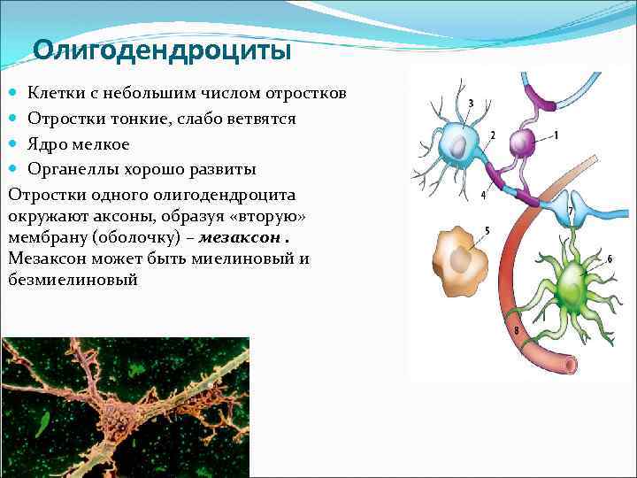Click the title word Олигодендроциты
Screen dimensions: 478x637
click(162, 51)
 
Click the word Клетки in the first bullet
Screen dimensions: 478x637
click(52, 93)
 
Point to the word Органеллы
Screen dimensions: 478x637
click(69, 169)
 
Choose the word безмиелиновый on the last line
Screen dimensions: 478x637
click(72, 280)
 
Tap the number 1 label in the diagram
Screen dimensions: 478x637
click(556, 135)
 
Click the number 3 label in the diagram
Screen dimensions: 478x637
click(470, 104)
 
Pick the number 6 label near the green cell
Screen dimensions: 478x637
click(610, 258)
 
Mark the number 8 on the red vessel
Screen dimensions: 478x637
click(517, 332)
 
